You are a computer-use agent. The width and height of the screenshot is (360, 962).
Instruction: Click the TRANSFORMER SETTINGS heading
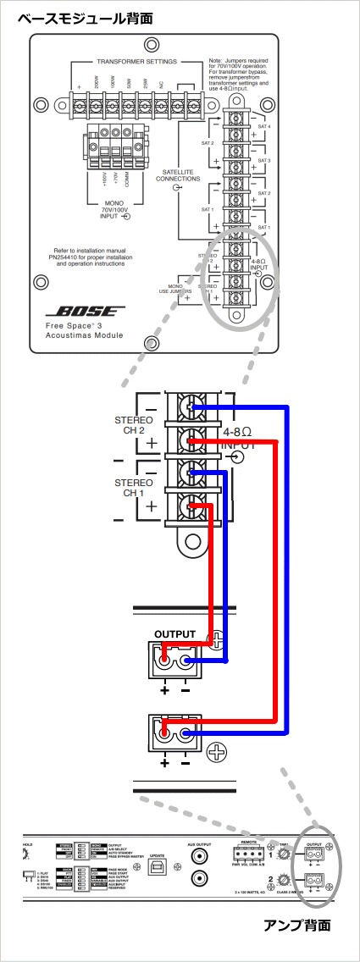(x=136, y=62)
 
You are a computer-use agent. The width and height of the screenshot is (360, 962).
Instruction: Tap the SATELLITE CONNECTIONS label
(x=178, y=175)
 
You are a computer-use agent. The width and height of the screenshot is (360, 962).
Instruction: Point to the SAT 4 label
(x=263, y=125)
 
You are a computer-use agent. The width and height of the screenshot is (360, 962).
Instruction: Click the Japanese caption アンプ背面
(x=297, y=925)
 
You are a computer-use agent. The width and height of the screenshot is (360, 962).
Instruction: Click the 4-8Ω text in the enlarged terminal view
(x=239, y=432)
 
